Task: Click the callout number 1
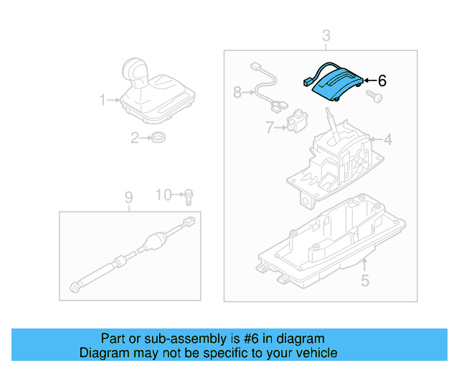[103, 100]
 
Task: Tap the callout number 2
[134, 138]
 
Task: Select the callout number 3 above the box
[326, 35]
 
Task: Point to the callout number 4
[387, 139]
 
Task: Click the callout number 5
[364, 281]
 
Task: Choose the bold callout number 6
[382, 81]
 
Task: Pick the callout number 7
[270, 129]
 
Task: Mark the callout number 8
[237, 92]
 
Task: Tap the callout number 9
[128, 197]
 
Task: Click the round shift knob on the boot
[136, 71]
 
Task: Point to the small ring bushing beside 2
[158, 137]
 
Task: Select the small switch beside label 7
[296, 121]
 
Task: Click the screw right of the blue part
[372, 95]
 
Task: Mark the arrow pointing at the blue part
[370, 81]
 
